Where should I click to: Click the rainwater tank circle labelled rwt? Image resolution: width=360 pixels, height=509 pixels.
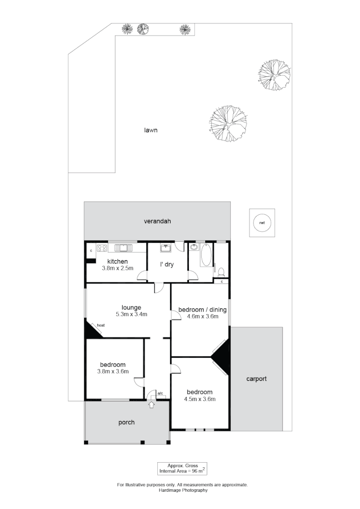click(262, 223)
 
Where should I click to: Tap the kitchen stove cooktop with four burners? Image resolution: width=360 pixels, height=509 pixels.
click(101, 248)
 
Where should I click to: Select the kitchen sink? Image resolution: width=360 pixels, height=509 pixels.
click(123, 248)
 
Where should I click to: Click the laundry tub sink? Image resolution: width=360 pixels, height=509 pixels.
click(166, 248)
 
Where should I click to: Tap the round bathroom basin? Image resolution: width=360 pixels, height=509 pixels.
click(193, 248)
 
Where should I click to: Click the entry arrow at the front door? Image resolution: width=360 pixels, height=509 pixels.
click(151, 405)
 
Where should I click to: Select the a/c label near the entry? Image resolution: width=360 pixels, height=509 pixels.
click(160, 393)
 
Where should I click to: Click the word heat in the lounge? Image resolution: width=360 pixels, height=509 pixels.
click(100, 326)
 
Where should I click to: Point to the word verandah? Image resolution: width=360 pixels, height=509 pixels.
click(157, 221)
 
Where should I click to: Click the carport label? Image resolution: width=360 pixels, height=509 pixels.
click(256, 379)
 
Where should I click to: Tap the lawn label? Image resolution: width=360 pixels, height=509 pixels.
click(150, 130)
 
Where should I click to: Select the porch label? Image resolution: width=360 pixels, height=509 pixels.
click(126, 422)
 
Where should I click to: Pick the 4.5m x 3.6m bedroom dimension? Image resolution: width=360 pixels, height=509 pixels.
click(199, 399)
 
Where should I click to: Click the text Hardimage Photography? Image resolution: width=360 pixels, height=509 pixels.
click(183, 490)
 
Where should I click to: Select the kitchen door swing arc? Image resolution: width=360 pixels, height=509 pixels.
click(142, 276)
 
